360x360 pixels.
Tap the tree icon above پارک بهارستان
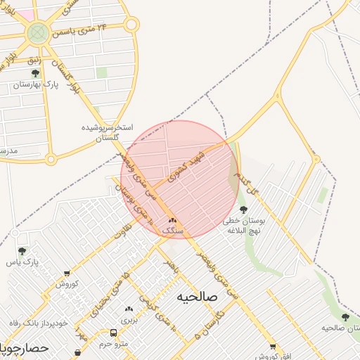coord(35,72)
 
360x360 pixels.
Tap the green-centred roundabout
coord(37,32)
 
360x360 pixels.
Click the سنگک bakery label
coord(172,230)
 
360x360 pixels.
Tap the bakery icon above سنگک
coord(172,220)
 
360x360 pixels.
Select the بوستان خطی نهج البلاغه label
coord(243,225)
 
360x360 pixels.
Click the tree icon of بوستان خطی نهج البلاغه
coord(243,210)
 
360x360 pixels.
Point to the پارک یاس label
coord(21,262)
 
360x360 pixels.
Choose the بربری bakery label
coord(129,319)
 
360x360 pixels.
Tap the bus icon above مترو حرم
coord(113,333)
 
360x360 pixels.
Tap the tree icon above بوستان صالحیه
coord(345,317)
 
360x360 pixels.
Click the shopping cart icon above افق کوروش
coord(273,347)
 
